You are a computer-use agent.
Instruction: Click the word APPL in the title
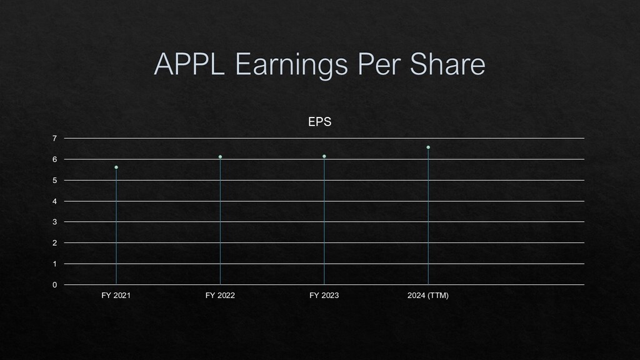189,64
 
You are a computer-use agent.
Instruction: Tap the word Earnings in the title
291,65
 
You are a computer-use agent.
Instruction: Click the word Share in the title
447,64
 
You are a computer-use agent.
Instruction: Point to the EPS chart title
319,122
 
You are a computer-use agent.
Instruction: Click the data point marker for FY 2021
116,167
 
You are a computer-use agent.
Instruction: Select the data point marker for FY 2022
221,157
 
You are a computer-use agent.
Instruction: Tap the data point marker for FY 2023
324,156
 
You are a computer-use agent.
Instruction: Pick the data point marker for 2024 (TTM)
428,147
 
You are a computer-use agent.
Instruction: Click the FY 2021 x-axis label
116,295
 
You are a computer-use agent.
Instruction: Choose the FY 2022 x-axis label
220,295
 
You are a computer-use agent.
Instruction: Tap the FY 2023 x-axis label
324,295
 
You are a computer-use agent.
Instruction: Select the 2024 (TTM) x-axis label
427,295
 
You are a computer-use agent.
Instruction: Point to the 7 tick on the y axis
55,138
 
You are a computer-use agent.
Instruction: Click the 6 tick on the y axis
55,159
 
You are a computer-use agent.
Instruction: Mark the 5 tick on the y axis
55,181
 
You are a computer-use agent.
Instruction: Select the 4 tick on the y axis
55,201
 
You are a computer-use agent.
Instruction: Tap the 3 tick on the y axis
55,222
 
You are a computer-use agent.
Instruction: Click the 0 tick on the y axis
55,285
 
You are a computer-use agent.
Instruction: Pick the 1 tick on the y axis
55,264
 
